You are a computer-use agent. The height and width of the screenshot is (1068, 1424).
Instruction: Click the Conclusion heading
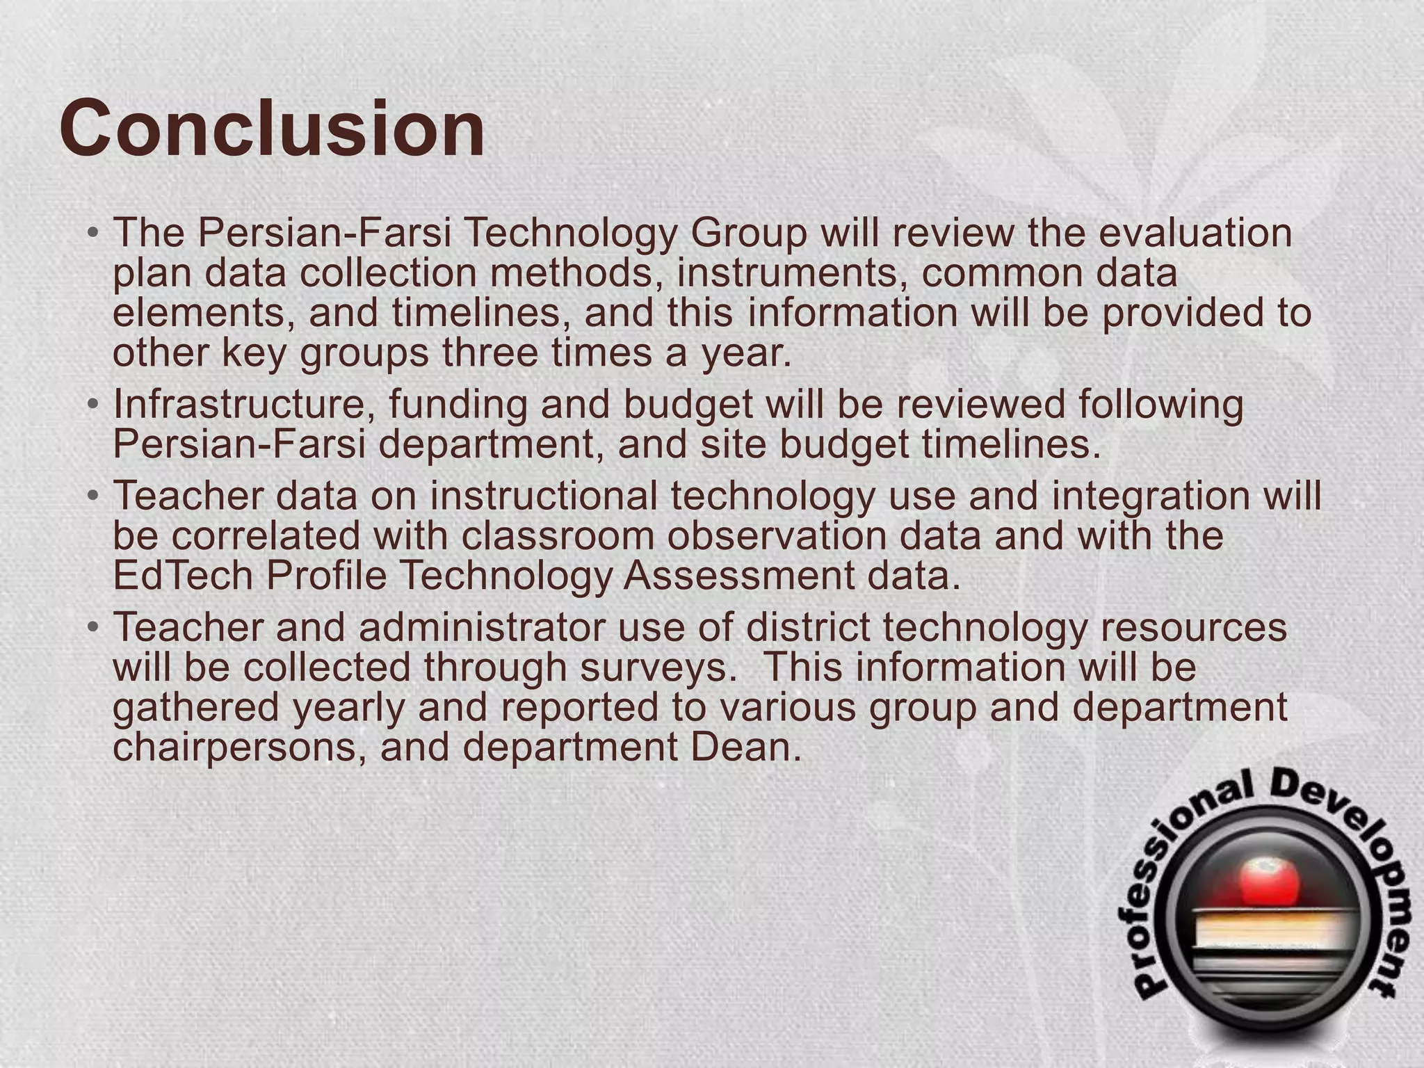(272, 129)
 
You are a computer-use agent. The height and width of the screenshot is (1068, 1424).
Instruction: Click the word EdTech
(182, 576)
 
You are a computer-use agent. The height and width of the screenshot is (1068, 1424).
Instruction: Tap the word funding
(458, 405)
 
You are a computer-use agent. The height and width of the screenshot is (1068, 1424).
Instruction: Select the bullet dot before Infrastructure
(93, 405)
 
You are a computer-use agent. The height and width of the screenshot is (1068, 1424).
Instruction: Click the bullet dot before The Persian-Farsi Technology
(93, 233)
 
